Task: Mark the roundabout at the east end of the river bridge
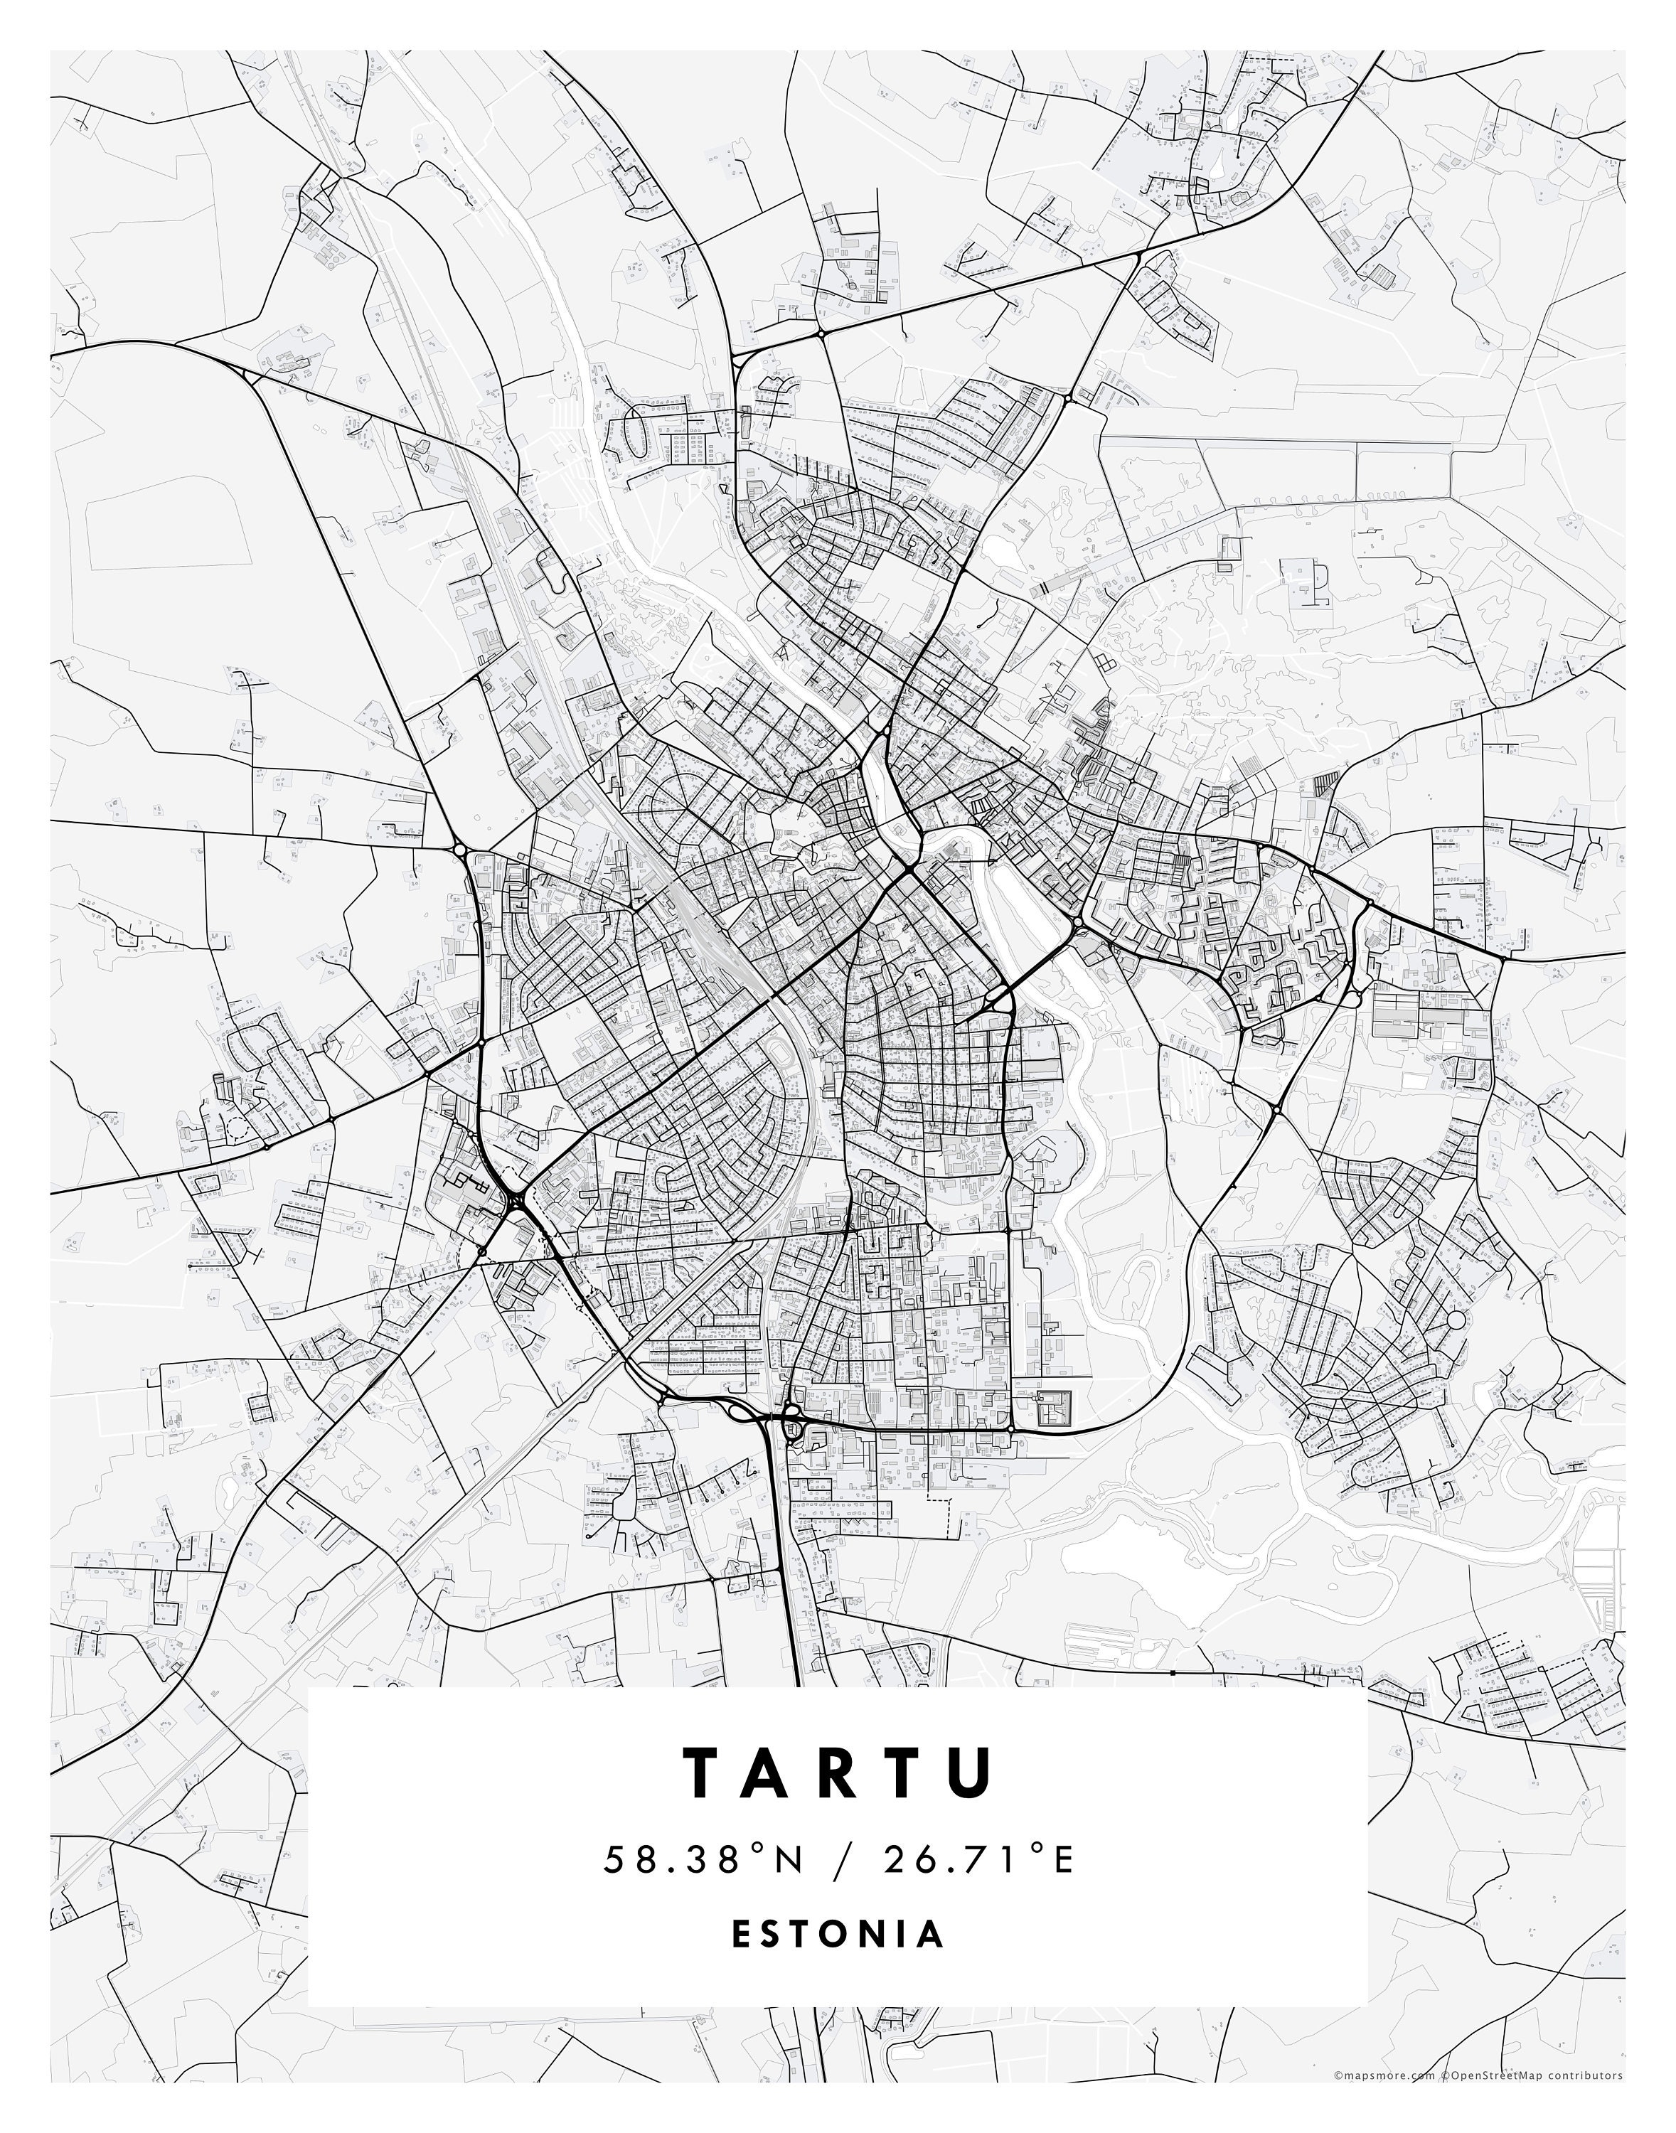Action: click(1077, 924)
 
